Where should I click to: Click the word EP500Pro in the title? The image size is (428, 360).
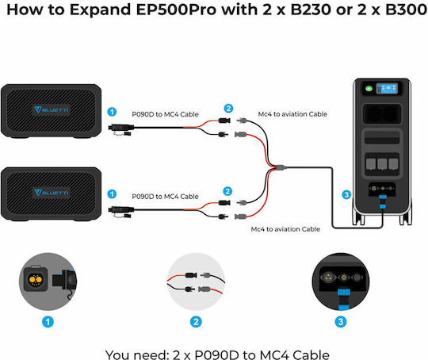177,10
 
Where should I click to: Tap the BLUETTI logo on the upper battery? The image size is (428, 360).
52,109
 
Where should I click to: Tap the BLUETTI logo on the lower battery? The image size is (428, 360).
52,193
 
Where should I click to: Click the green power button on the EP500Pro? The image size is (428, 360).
369,89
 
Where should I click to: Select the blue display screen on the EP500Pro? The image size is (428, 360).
387,89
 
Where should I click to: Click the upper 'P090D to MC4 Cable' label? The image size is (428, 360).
165,114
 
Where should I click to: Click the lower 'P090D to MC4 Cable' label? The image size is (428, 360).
165,197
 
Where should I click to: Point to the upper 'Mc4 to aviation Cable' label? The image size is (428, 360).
292,114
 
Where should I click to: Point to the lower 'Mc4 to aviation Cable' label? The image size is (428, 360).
285,229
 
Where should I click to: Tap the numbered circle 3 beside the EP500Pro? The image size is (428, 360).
346,195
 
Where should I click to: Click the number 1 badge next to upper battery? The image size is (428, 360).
112,112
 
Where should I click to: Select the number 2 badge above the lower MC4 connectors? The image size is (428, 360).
227,191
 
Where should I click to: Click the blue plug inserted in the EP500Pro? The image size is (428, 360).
383,201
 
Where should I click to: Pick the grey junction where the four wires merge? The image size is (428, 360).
281,167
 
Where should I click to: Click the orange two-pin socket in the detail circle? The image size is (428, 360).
36,279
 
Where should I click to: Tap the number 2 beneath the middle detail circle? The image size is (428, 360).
196,322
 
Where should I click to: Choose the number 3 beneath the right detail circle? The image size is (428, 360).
341,322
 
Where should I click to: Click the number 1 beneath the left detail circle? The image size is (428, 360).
48,322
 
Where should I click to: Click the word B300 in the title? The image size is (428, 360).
406,10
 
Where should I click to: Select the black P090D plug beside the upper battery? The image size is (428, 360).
121,128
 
